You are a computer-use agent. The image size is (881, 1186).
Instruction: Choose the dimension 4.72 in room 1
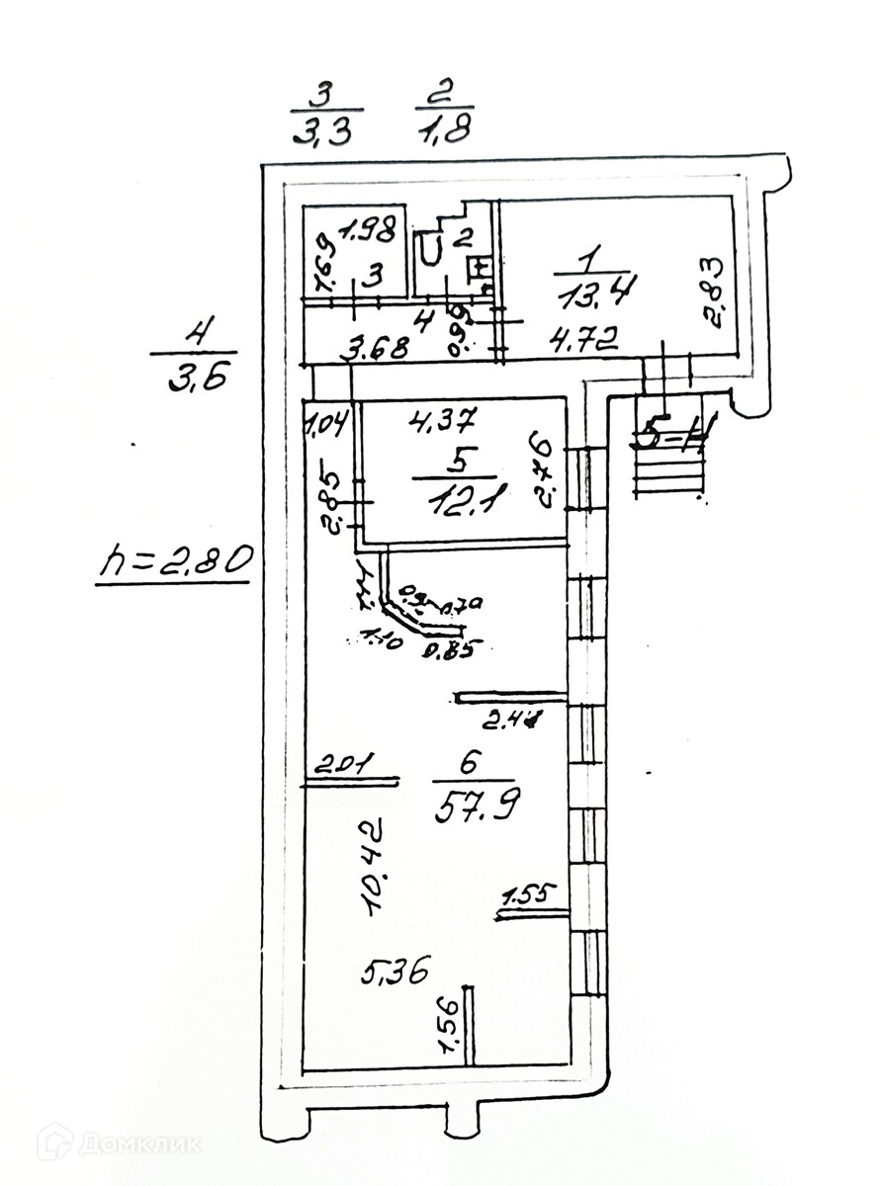pos(584,342)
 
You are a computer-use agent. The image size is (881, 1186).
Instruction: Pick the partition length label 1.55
pos(531,897)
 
